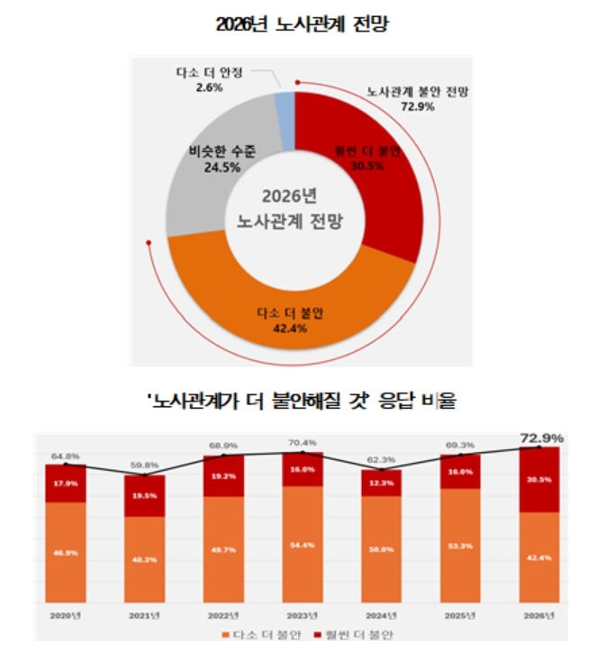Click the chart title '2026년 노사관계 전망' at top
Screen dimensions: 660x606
coord(302,25)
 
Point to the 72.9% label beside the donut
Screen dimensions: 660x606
coord(416,106)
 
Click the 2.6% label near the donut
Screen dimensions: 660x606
coord(194,88)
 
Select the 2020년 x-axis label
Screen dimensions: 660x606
coord(65,615)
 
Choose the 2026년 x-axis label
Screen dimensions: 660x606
coord(540,615)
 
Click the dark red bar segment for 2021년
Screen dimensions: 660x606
coord(144,495)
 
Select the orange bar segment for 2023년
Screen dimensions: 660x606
coord(303,545)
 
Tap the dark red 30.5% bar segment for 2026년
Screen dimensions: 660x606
coord(540,480)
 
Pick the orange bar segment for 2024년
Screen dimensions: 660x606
coord(382,549)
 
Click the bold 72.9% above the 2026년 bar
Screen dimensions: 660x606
coord(541,438)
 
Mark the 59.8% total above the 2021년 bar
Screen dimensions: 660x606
coord(144,465)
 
